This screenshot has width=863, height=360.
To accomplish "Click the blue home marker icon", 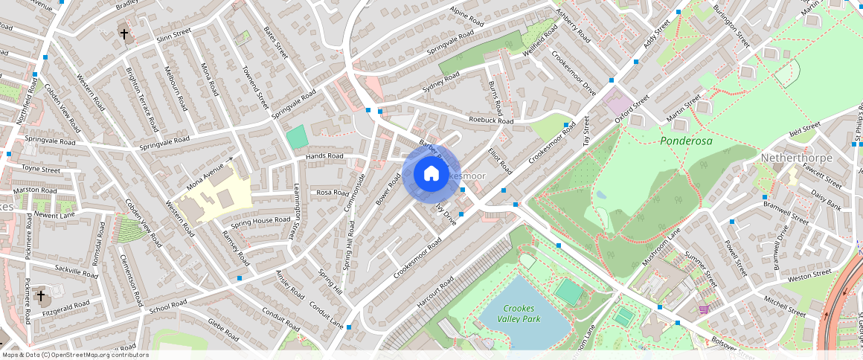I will [431, 174].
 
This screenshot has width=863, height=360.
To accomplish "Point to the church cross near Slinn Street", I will [124, 34].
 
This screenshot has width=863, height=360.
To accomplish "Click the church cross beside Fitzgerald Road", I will [41, 296].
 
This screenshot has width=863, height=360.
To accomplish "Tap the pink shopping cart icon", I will [703, 309].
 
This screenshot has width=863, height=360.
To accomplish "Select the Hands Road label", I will [324, 156].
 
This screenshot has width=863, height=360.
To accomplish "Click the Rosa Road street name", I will [333, 193].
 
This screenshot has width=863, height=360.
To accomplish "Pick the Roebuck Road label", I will [491, 120].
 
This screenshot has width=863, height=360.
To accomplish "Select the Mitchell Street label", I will [785, 306].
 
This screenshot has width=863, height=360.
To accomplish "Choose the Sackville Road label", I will [76, 270].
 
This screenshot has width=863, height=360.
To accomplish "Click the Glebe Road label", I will [222, 329].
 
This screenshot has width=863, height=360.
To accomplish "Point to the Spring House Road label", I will [260, 221].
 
